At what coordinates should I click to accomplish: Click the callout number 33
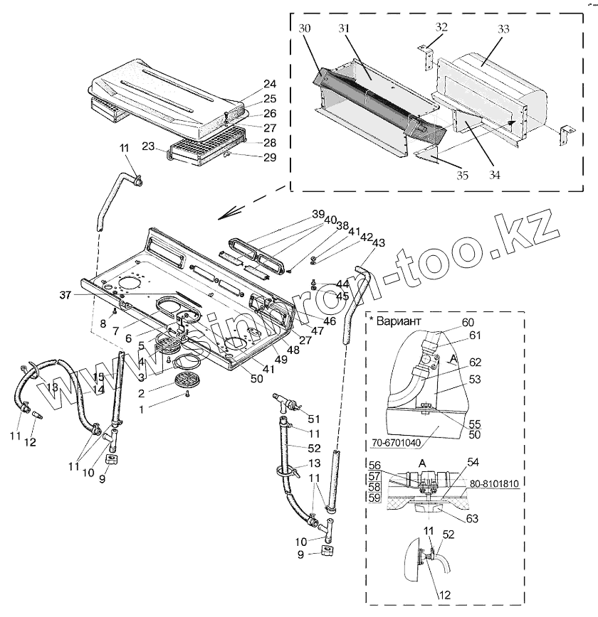(503, 31)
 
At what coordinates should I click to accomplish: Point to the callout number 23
(148, 146)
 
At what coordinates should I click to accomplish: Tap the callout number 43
(378, 243)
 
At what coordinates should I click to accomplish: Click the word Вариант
(400, 321)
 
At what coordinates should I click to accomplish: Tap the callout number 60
(467, 322)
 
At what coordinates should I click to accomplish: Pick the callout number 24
(250, 82)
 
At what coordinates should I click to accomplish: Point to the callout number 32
(441, 27)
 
